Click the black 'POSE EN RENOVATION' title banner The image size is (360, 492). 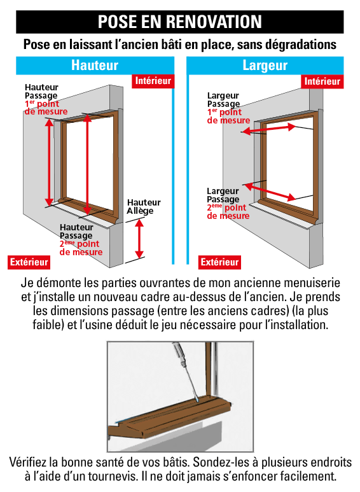pyautogui.click(x=180, y=22)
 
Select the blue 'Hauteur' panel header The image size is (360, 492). pyautogui.click(x=95, y=65)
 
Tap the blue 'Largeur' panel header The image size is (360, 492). pyautogui.click(x=265, y=65)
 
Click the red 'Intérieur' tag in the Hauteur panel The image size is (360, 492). pyautogui.click(x=152, y=81)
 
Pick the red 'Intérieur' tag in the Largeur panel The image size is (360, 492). pyautogui.click(x=322, y=81)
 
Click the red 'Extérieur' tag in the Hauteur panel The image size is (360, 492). pyautogui.click(x=29, y=262)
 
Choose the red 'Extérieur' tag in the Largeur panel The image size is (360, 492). pyautogui.click(x=220, y=262)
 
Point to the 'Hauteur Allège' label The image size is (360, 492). pyautogui.click(x=144, y=207)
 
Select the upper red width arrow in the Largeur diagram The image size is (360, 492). pyautogui.click(x=268, y=130)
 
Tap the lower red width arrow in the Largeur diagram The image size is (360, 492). pyautogui.click(x=269, y=190)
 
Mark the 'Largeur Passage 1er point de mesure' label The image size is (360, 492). pyautogui.click(x=228, y=108)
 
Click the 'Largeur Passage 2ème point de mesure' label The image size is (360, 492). pyautogui.click(x=227, y=203)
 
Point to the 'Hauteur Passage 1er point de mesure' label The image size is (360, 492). pyautogui.click(x=42, y=99)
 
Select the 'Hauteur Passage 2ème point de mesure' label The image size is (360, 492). pyautogui.click(x=80, y=240)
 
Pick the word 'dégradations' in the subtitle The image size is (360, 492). pyautogui.click(x=296, y=45)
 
